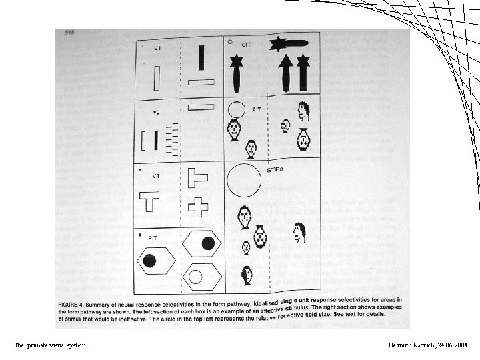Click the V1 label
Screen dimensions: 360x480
[157, 49]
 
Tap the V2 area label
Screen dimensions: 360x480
[156, 113]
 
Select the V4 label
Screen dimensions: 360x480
[155, 176]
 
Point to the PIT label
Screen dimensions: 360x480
[153, 238]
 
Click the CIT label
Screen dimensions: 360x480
[246, 45]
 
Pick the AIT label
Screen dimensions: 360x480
[257, 108]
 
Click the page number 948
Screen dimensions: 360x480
[69, 32]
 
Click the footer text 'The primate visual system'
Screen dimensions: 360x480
[50, 345]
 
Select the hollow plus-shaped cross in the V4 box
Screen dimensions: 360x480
[198, 207]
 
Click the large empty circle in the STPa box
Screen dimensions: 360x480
[244, 180]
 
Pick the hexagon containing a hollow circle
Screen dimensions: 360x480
[196, 275]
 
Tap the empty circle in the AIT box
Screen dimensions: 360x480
[237, 109]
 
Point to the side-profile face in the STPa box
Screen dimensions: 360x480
[299, 232]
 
